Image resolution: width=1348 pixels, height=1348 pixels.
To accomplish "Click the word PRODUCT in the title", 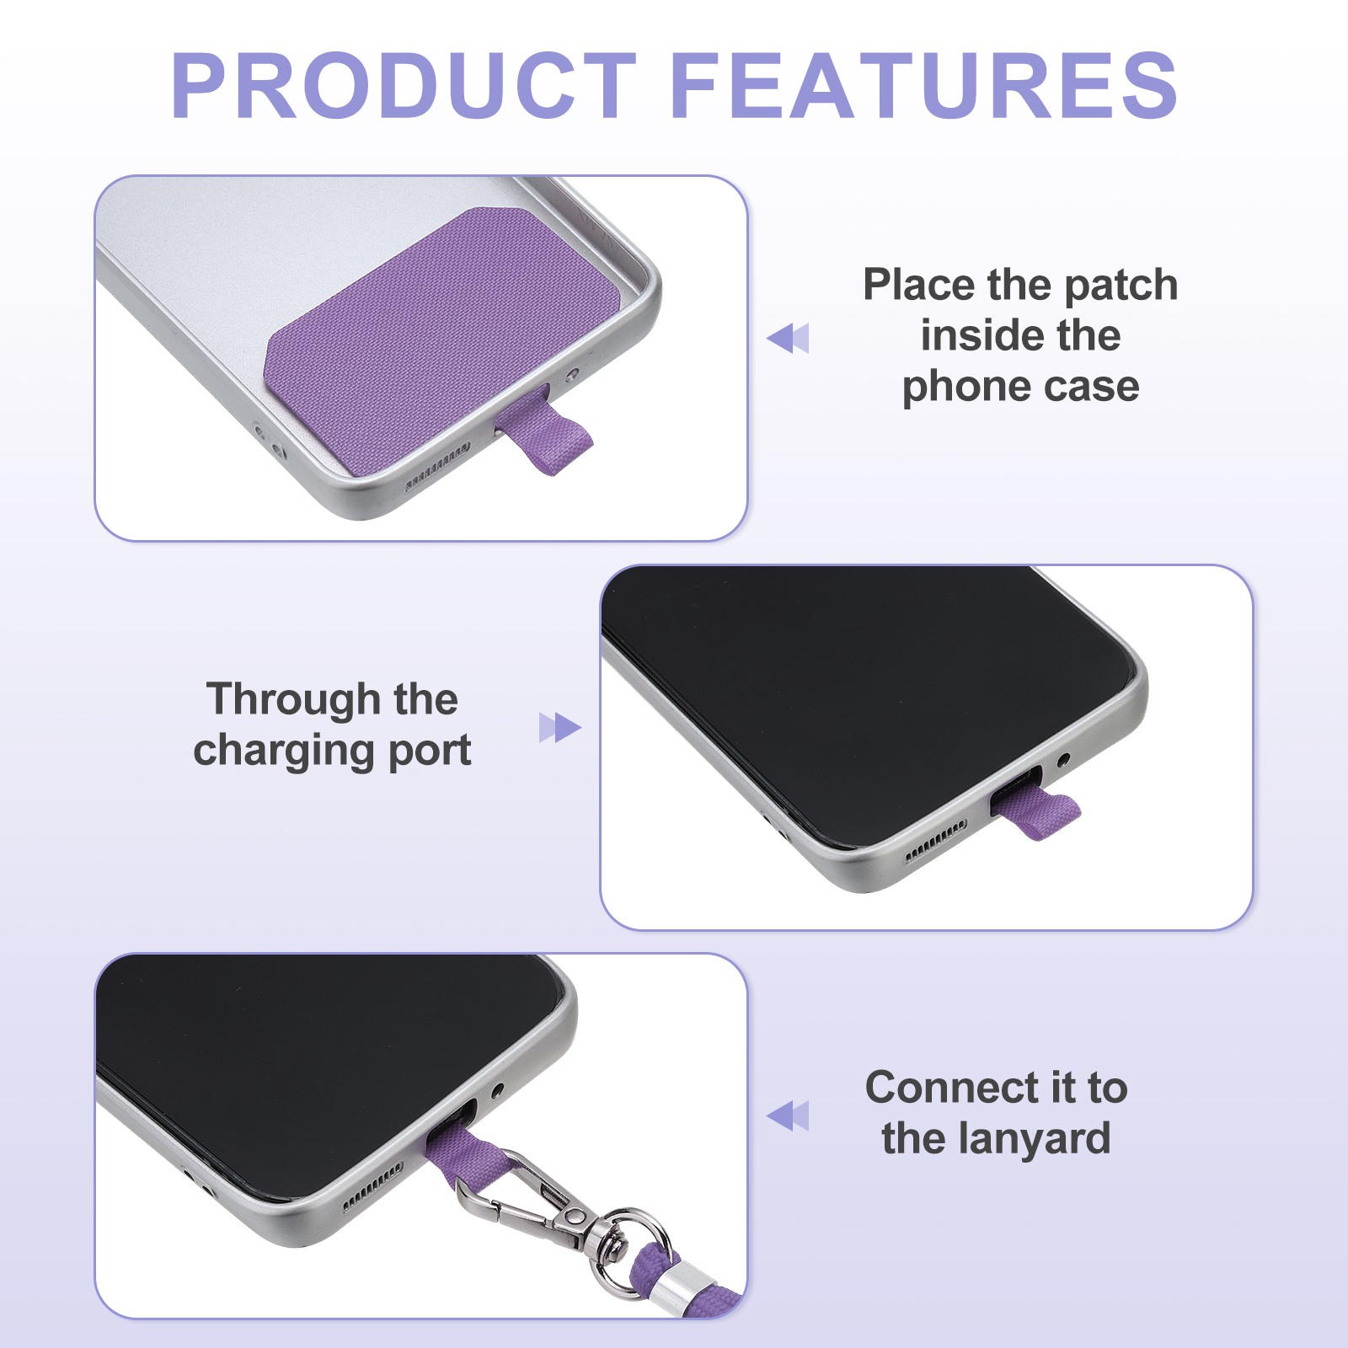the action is click(x=403, y=85).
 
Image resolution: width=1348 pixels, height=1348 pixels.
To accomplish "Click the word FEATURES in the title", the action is click(x=924, y=85).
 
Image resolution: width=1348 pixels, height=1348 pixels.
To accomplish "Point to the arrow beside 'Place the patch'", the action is click(x=788, y=338).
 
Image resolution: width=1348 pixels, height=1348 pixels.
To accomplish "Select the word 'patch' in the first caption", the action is click(x=1121, y=286).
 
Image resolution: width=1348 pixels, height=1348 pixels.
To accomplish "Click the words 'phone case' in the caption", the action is click(x=1020, y=388).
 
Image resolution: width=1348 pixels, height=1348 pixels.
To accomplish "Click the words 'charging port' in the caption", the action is click(x=332, y=751).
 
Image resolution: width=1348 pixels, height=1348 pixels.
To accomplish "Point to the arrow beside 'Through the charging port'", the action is click(x=560, y=728).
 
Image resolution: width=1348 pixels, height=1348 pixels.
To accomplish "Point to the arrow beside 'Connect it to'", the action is click(x=788, y=1115).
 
